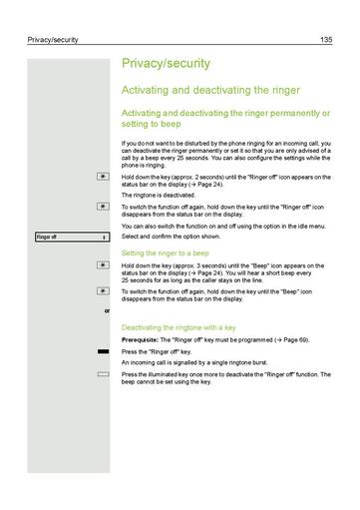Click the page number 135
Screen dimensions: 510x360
point(326,40)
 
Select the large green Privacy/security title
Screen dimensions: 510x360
point(166,63)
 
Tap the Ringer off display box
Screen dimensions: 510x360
point(70,237)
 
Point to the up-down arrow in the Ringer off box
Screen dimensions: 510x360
point(105,237)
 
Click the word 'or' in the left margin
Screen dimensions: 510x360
point(107,311)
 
